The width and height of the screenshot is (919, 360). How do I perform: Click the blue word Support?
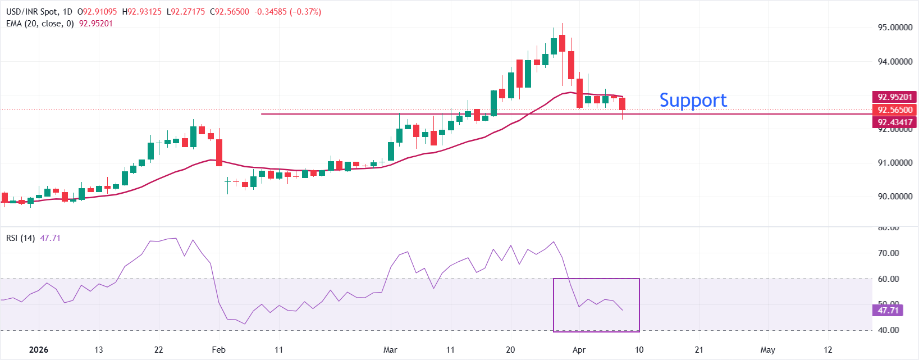tap(693, 100)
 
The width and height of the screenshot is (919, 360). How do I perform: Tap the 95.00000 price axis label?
tap(895, 28)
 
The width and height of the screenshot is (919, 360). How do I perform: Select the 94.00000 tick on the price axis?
tap(895, 62)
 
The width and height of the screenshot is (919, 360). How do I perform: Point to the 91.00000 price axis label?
tap(895, 163)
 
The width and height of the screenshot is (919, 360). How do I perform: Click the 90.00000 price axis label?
tap(895, 197)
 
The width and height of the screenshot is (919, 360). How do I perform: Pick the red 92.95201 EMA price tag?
tap(895, 97)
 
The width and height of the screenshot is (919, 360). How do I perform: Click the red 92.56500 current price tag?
tap(895, 110)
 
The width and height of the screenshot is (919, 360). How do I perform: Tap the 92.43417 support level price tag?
tap(895, 122)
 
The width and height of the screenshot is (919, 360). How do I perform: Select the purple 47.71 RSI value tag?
tap(888, 311)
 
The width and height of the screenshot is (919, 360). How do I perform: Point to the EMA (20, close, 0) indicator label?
tap(40, 24)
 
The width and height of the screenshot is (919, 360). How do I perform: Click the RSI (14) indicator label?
tap(20, 238)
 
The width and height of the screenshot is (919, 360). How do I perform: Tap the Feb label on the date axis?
tap(218, 350)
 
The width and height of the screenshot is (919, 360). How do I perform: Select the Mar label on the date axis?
tap(390, 350)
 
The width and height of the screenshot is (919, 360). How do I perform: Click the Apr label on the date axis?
tap(579, 350)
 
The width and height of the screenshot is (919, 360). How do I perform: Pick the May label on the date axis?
tap(767, 350)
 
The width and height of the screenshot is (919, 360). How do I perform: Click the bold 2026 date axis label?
tap(38, 350)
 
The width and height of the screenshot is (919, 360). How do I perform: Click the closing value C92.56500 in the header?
tap(230, 12)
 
